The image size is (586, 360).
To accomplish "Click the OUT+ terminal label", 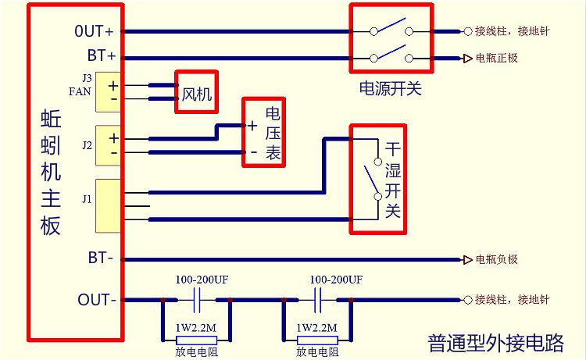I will point(95,32).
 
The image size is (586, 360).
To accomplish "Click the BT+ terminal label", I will point(101,57).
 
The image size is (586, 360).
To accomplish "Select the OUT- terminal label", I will point(97,300).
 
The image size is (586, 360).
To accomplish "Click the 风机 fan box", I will point(197,93).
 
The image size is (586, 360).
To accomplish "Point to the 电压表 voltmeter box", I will point(263,132).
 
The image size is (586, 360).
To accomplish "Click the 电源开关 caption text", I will point(390,89).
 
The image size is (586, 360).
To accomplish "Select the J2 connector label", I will point(86,145).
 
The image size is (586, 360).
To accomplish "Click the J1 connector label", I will point(86,199).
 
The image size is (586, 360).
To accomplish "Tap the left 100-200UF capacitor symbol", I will point(198,299).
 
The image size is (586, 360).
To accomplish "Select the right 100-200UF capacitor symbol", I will point(320,299).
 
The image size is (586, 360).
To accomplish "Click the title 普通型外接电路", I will point(495,343).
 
